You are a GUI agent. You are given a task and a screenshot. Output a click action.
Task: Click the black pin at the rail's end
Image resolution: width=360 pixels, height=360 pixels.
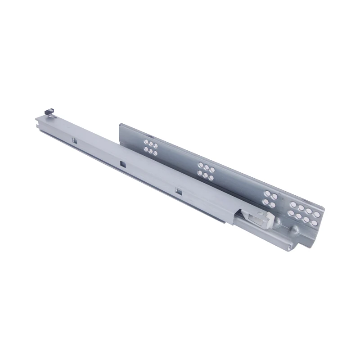pos(49,111)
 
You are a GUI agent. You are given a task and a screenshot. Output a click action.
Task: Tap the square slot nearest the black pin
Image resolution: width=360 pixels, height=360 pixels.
pos(73,141)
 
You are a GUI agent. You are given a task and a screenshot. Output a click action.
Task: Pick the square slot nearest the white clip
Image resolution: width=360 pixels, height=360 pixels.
pos(178,192)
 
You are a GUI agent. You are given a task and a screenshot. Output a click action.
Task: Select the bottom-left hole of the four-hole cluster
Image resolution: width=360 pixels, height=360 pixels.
pos(265,201)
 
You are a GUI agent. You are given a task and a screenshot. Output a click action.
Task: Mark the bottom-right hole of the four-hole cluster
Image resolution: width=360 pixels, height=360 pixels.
pos(272,204)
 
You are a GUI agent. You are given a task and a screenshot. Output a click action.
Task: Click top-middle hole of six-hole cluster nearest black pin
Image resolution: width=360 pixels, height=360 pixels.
pos(152,143)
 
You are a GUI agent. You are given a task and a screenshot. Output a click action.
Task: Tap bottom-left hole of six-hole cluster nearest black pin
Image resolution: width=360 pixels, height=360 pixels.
pos(145,148)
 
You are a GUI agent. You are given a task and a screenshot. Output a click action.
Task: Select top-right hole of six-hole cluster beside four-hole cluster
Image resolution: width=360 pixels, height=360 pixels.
pos(212,170)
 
